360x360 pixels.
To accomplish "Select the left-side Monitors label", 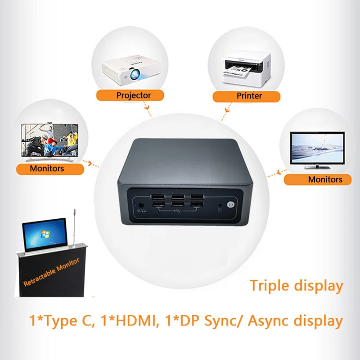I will pyautogui.click(x=50, y=169).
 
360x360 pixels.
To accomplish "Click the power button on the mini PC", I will pyautogui.click(x=230, y=204).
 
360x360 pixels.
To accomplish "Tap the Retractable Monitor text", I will pyautogui.click(x=51, y=273).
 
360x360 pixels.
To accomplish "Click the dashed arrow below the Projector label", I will pyautogui.click(x=147, y=109).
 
